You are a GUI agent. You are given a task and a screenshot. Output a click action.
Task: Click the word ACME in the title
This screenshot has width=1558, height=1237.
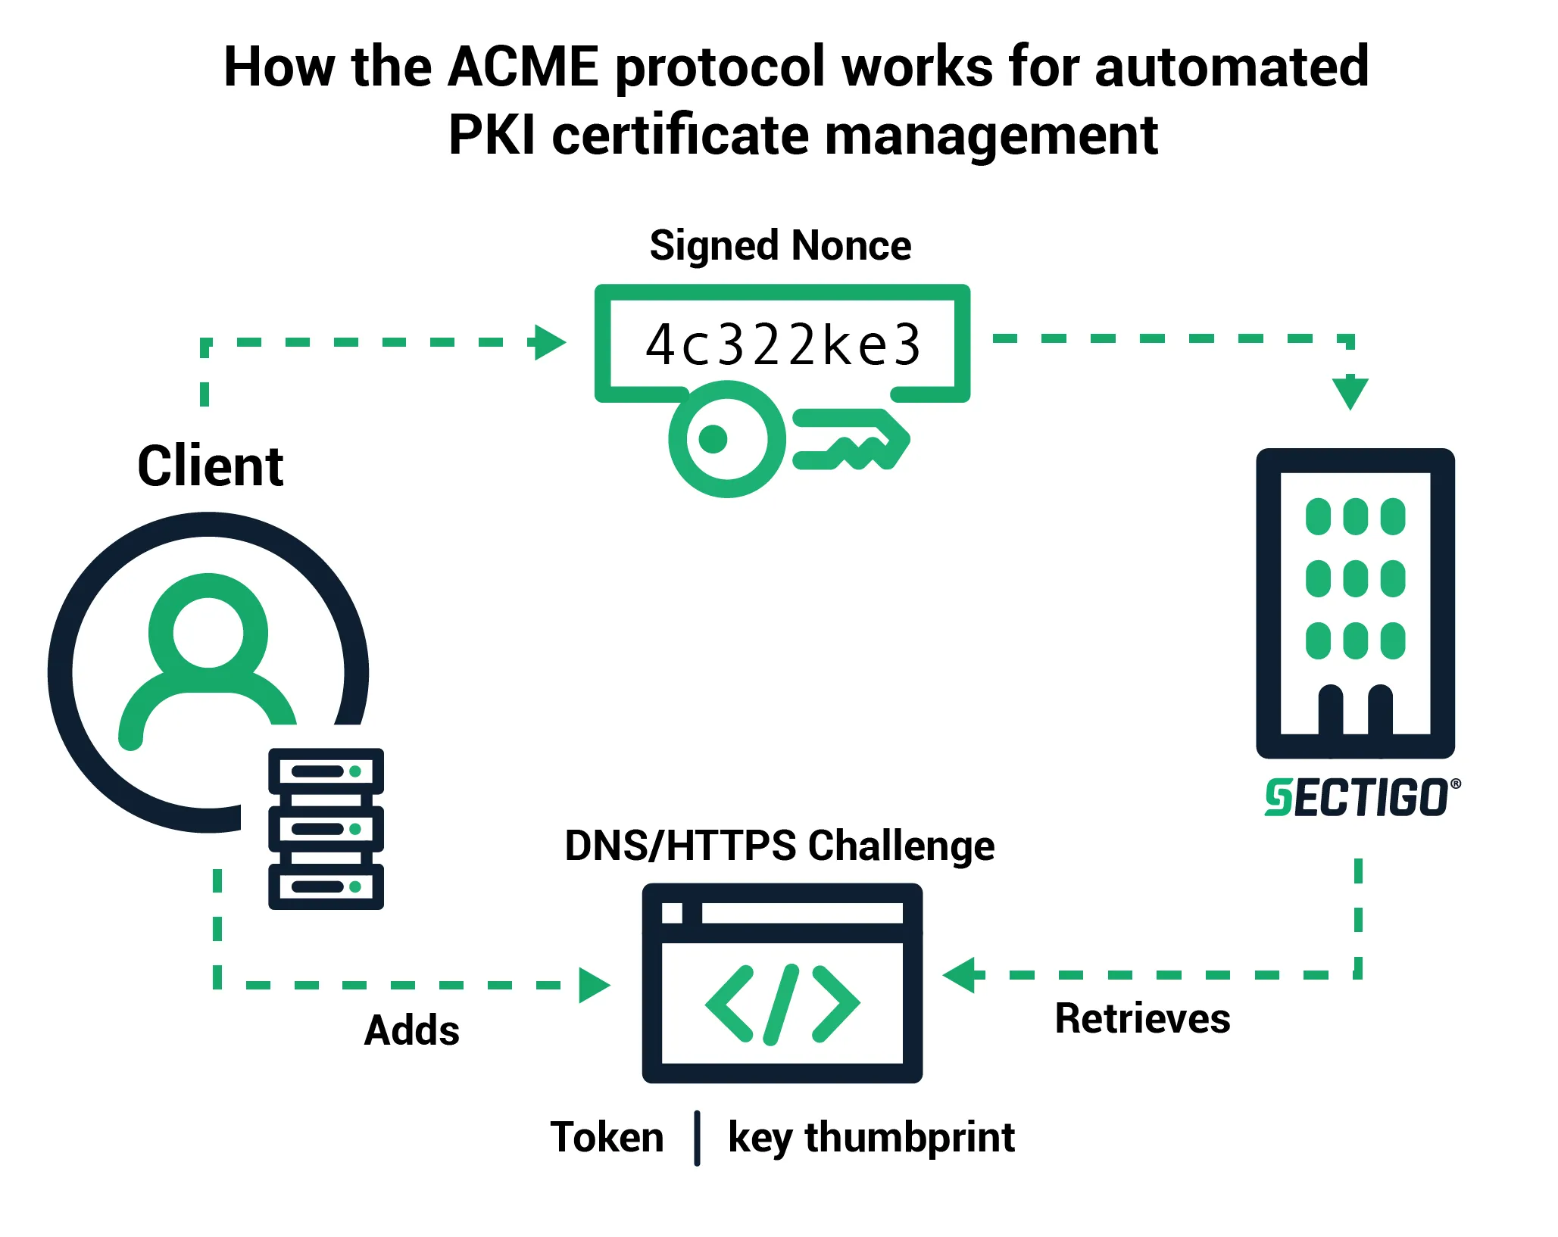point(523,67)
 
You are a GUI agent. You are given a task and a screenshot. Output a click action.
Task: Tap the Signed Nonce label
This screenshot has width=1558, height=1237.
point(780,245)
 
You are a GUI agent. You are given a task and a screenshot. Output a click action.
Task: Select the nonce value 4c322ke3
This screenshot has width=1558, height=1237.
point(783,345)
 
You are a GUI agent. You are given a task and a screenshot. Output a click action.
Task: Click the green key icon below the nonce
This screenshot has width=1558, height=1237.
point(788,439)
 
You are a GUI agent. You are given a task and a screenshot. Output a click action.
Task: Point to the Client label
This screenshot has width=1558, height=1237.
point(211,466)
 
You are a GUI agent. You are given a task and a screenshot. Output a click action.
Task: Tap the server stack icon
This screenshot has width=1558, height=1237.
point(326,828)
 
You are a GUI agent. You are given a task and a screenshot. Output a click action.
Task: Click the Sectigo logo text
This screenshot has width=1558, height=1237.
point(1362,798)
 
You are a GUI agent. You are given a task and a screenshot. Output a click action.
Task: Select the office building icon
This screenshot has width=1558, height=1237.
point(1355,603)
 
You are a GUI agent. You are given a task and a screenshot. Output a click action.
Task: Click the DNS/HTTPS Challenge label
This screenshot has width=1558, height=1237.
point(779,846)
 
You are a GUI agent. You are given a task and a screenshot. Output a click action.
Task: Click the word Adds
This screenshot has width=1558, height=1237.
point(412,1030)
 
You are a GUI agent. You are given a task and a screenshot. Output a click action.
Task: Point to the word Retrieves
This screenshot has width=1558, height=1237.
point(1142,1018)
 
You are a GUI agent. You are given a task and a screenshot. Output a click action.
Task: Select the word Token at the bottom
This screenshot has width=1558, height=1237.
point(607,1137)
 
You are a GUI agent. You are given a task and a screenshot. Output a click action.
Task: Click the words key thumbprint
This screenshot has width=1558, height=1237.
point(871,1138)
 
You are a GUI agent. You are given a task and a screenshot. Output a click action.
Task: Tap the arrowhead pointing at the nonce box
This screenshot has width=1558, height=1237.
point(550,342)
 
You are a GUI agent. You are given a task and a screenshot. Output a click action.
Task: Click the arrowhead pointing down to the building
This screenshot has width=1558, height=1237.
point(1350,394)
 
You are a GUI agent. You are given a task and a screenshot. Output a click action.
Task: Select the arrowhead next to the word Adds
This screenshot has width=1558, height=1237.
point(595,985)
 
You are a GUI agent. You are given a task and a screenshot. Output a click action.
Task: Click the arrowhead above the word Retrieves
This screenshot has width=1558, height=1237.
point(959,975)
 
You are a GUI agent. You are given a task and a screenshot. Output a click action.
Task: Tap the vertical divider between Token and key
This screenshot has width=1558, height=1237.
point(697,1138)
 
